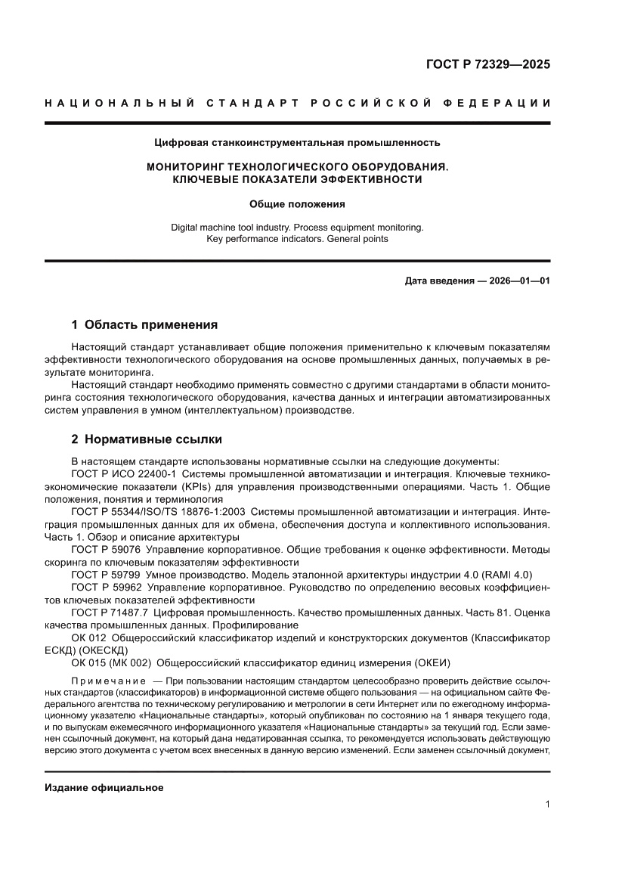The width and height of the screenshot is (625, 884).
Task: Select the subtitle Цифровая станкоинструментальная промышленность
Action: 297,142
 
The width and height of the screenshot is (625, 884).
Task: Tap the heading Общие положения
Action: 297,203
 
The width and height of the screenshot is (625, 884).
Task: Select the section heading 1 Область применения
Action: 144,325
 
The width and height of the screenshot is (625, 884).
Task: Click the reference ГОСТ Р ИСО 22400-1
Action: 123,473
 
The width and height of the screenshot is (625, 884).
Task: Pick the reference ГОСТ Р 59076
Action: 106,550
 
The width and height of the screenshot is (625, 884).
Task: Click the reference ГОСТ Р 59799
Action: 106,575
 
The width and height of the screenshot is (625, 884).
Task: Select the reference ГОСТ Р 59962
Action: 106,587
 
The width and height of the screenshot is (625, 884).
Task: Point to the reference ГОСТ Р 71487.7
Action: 110,613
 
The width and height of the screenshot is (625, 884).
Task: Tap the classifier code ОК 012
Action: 88,638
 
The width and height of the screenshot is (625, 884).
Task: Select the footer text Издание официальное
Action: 104,788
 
